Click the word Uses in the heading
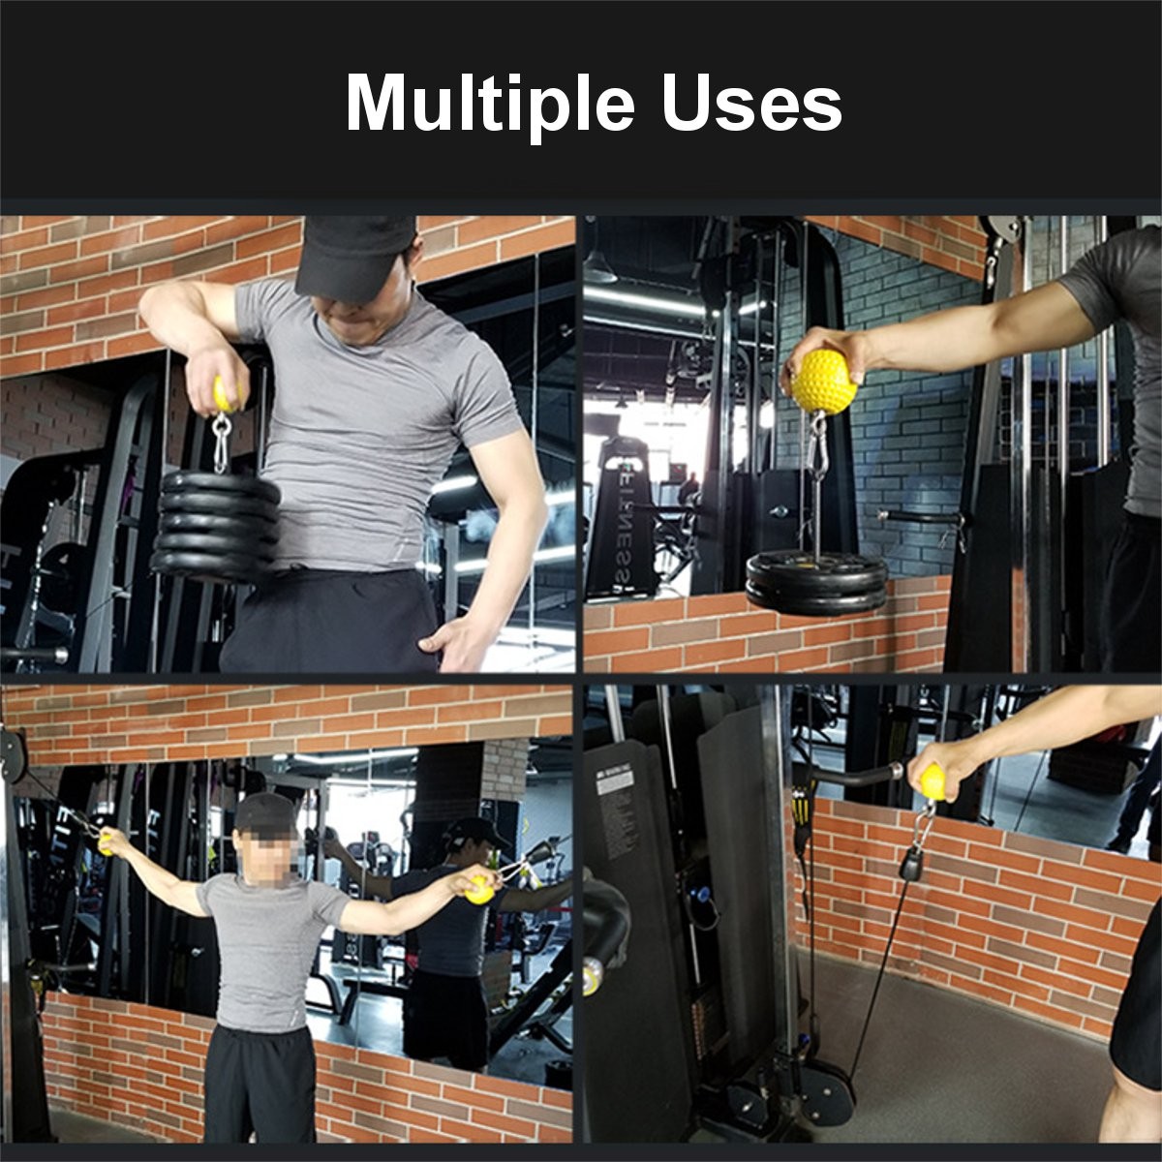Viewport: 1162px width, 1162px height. pos(752,104)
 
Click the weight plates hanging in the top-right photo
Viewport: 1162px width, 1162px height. pos(816,583)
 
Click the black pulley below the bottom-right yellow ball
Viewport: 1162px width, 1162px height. pos(911,862)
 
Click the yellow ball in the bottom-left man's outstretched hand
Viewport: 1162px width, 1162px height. pos(478,889)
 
